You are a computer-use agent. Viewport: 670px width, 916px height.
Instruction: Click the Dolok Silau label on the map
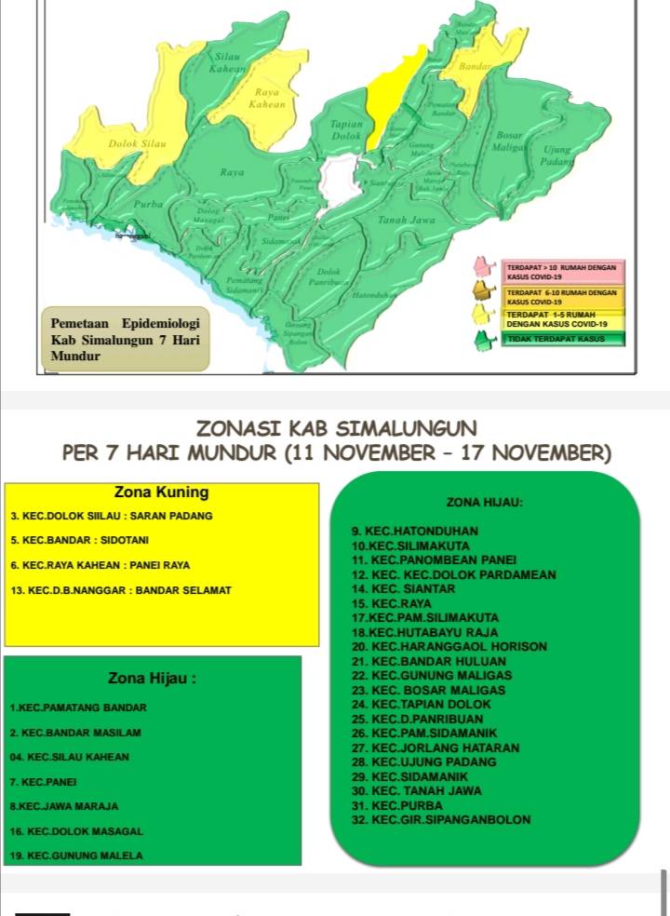coord(137,144)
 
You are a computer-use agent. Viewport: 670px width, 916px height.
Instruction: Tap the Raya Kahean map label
coord(267,99)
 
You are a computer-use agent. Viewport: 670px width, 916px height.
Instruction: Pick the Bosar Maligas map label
coord(509,142)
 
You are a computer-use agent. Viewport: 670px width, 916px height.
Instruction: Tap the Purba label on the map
coord(149,202)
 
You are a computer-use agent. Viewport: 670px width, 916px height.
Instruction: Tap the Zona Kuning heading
coord(161,492)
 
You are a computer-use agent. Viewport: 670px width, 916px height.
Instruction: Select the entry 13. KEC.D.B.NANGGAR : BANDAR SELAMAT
coord(120,590)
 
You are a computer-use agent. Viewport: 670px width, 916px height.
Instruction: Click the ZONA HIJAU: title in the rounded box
coord(484,502)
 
